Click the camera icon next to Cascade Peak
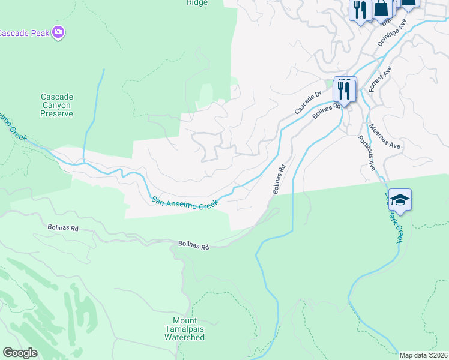[58, 32]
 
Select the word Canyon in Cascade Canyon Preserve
[56, 105]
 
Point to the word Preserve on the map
[56, 113]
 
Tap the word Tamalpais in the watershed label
[185, 329]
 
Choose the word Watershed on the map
[185, 337]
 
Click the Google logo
[20, 353]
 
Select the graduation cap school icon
[400, 200]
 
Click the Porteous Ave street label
[367, 153]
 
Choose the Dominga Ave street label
[392, 32]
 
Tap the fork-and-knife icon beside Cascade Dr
[345, 90]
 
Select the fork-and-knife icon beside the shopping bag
[360, 9]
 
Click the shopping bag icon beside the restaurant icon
[382, 8]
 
